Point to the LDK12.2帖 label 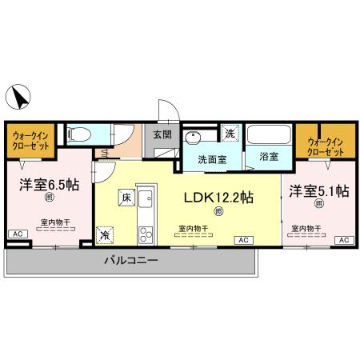220,197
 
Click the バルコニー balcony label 130,262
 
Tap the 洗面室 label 212,158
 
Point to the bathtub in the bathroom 269,135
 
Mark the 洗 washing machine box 230,133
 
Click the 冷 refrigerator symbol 106,234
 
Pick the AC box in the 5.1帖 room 343,240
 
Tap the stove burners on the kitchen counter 146,234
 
